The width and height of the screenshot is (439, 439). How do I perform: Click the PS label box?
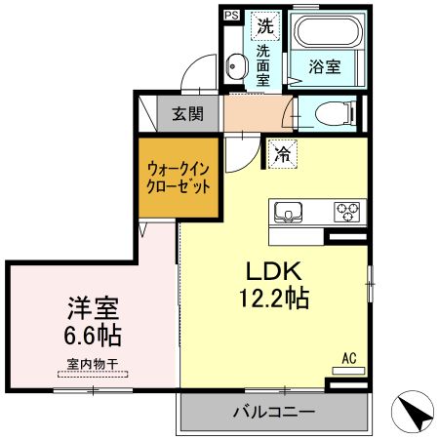(230, 15)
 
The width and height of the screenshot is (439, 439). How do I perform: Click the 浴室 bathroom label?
(326, 69)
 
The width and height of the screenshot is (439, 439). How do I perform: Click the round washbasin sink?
(234, 67)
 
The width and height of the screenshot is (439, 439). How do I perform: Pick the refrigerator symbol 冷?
(282, 152)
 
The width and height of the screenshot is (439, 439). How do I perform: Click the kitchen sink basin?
(289, 211)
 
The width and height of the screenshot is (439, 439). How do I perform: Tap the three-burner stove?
(347, 211)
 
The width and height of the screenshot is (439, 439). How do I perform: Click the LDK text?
(269, 271)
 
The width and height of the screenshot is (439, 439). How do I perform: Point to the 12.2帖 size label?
(270, 299)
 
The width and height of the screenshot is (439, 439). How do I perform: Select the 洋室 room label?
(93, 309)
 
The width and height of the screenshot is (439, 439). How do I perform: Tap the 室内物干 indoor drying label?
(93, 365)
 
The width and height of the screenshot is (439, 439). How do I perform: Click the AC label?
(349, 358)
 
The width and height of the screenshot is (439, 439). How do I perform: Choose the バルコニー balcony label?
(273, 412)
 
